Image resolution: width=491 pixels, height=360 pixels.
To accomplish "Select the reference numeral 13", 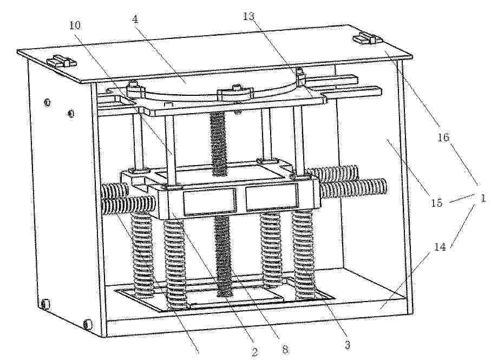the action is click(x=249, y=16).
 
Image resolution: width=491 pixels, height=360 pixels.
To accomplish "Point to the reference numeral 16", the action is click(x=443, y=137).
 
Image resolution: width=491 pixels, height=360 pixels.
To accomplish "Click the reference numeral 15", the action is click(x=436, y=202).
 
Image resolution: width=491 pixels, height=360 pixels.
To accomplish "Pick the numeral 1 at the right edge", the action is click(x=483, y=198).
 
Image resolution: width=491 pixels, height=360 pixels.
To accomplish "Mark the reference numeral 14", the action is click(x=440, y=247).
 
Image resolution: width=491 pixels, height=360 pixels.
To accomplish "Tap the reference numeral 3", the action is click(x=347, y=345).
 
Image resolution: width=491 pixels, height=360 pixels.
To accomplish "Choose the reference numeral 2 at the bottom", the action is click(x=254, y=352).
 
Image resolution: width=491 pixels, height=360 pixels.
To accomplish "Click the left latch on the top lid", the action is click(x=62, y=61).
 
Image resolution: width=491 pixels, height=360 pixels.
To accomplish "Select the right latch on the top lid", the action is click(x=366, y=39).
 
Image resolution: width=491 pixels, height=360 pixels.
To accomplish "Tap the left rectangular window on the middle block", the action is click(x=209, y=201).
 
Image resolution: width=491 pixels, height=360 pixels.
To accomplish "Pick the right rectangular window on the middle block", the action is click(x=272, y=197).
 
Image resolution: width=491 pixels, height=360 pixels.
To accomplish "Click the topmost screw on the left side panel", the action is click(x=47, y=102).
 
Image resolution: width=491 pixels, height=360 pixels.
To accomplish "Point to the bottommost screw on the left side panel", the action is click(x=88, y=324).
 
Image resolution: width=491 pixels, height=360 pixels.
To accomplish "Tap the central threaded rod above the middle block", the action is click(x=218, y=143).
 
